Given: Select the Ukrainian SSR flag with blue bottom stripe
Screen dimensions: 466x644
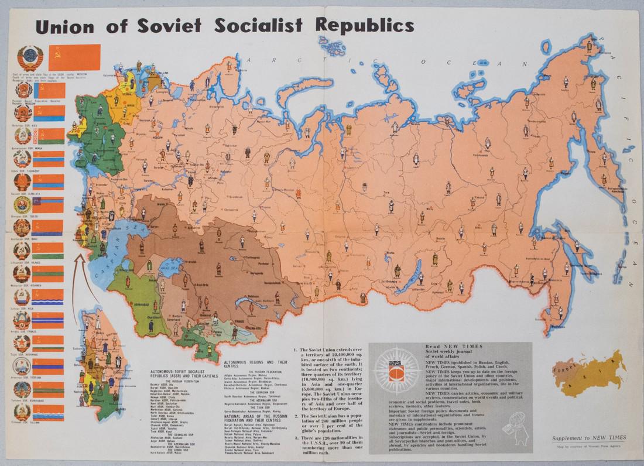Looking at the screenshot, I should click(x=52, y=134).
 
